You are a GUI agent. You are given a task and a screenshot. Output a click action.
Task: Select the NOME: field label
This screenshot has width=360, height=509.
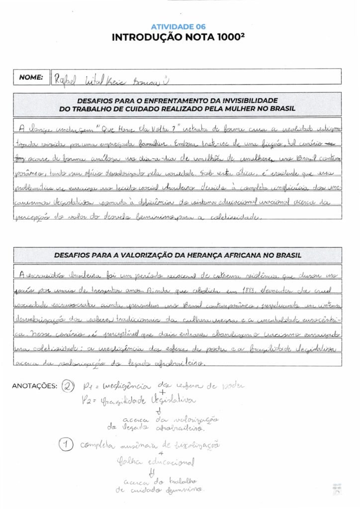31,77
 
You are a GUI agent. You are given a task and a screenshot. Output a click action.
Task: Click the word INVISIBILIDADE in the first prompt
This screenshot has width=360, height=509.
250,100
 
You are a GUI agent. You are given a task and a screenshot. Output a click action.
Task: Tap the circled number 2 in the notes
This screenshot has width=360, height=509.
68,386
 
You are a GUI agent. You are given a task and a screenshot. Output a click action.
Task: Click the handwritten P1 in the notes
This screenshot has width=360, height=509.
89,385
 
